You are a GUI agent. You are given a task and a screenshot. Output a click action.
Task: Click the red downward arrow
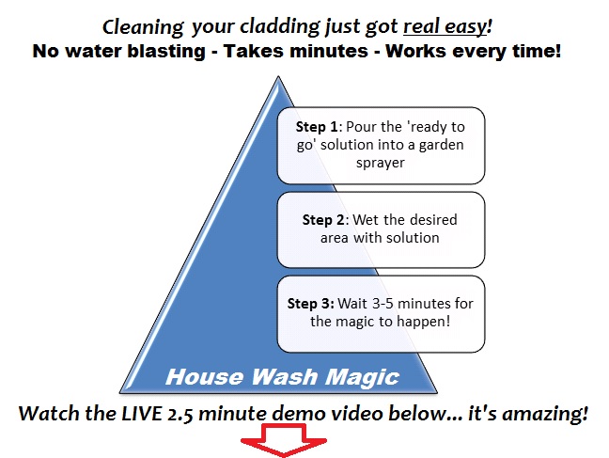pyautogui.click(x=284, y=440)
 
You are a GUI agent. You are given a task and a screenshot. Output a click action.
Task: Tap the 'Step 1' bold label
pyautogui.click(x=317, y=127)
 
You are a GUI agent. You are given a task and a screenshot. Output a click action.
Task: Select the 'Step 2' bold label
pyautogui.click(x=323, y=220)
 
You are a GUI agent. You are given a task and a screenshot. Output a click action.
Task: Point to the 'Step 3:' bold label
pyautogui.click(x=311, y=303)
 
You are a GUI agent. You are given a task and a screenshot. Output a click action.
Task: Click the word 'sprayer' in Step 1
pyautogui.click(x=381, y=163)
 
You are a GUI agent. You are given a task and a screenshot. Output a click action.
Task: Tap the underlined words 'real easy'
pyautogui.click(x=445, y=26)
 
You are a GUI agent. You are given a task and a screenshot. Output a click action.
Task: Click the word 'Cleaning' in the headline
pyautogui.click(x=143, y=27)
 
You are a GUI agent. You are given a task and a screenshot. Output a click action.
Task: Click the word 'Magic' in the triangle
pyautogui.click(x=363, y=377)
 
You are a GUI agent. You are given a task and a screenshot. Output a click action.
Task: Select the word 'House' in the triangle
pyautogui.click(x=206, y=377)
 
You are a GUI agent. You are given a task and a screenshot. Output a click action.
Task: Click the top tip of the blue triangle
pyautogui.click(x=278, y=76)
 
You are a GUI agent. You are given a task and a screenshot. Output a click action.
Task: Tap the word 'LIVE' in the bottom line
pyautogui.click(x=142, y=413)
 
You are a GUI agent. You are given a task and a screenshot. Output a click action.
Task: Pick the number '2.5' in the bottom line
pyautogui.click(x=180, y=414)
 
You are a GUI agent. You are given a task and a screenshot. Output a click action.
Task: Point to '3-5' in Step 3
pyautogui.click(x=383, y=303)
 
